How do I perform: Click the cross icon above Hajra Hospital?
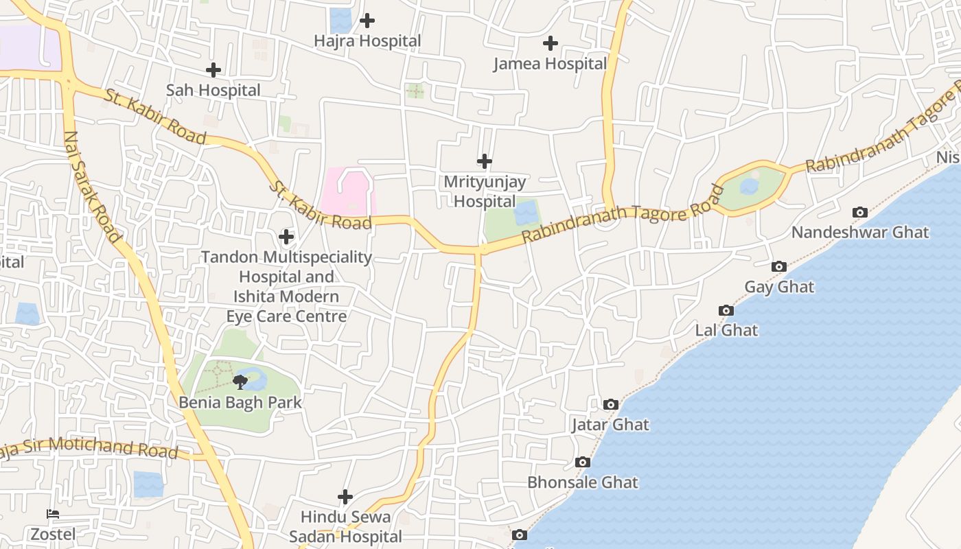coord(367,21)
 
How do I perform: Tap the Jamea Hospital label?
coord(550,64)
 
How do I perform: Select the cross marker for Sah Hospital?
coord(213,70)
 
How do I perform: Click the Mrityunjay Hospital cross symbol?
coord(485,161)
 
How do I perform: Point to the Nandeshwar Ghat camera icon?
coord(859,213)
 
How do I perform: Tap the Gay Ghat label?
coord(779,287)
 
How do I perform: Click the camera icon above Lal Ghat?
coord(726,311)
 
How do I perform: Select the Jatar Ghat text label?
coord(610,425)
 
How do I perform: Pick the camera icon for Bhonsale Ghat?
coord(583,463)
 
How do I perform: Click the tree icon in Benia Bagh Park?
coord(240,382)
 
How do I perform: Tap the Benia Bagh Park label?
coord(240,402)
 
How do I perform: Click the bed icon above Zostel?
coord(53,514)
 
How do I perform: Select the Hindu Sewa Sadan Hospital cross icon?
coord(345,496)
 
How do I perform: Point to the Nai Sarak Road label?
coord(92,187)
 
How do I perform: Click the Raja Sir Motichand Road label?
coord(89,449)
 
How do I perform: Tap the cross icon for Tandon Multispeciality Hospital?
coord(286,237)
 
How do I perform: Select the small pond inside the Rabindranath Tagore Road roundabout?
coord(750,186)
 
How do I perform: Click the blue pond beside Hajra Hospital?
coord(340,21)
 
